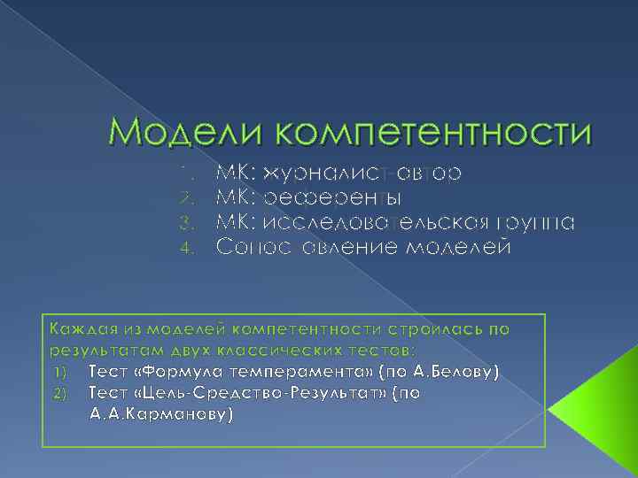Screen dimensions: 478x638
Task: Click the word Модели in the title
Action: click(x=181, y=132)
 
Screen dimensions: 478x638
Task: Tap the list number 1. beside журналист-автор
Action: click(x=185, y=171)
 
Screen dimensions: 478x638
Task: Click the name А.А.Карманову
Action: click(x=159, y=413)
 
